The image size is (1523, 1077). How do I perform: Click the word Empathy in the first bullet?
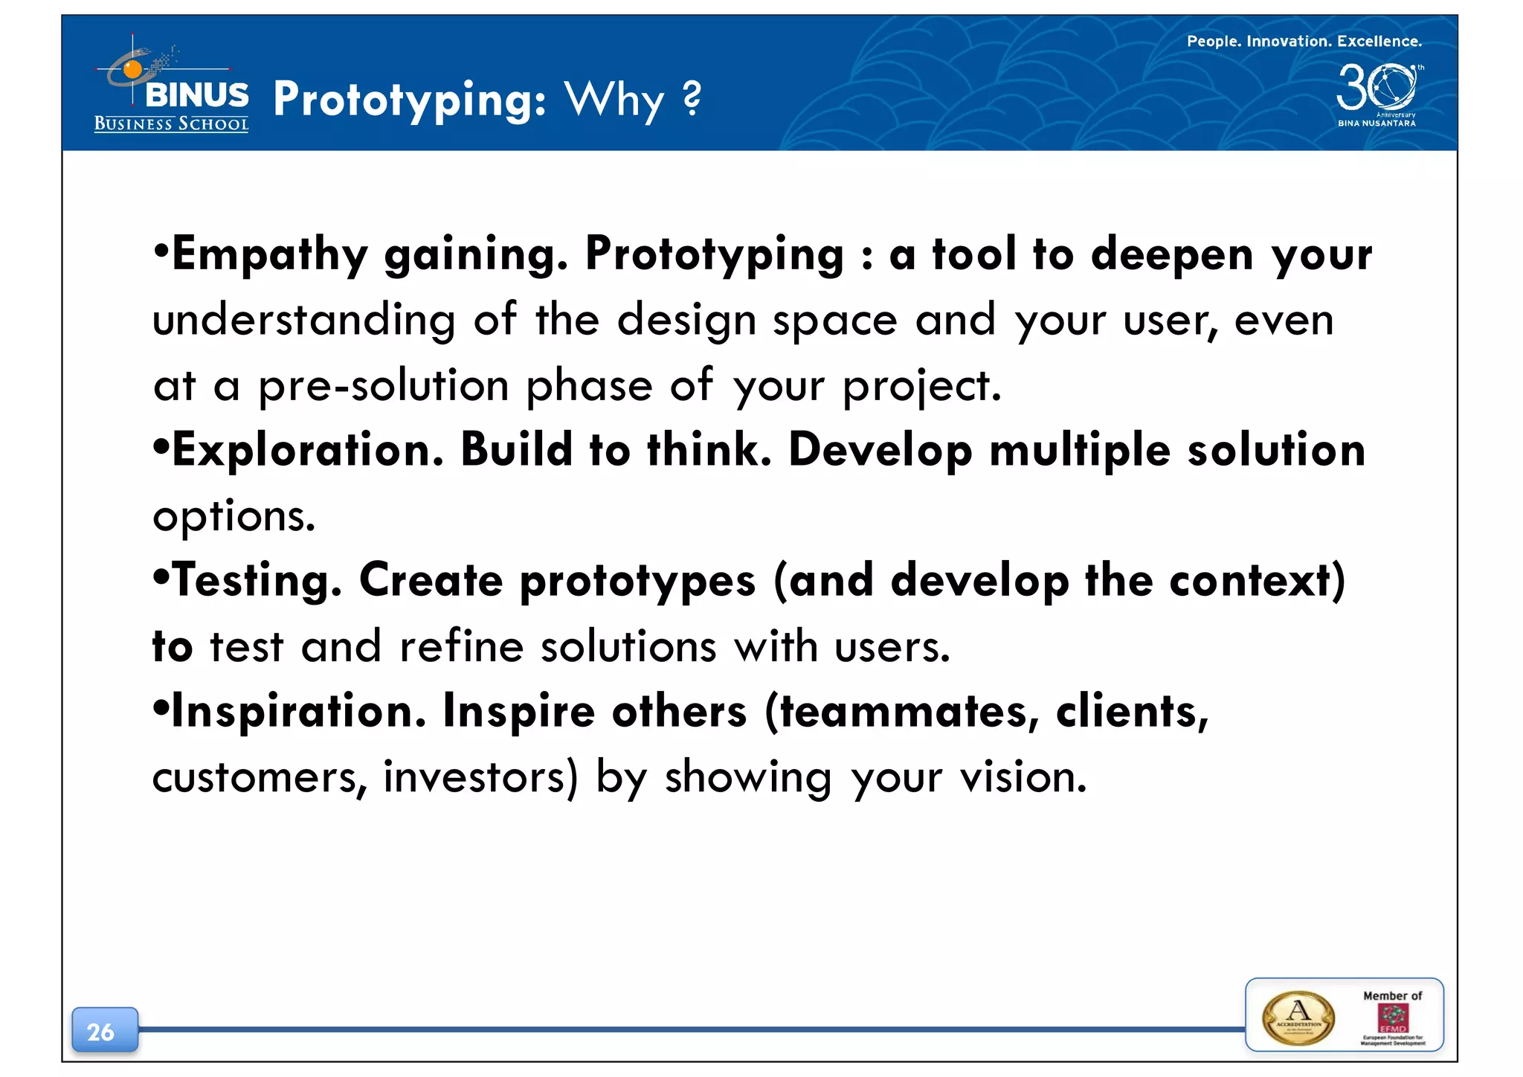pos(269,255)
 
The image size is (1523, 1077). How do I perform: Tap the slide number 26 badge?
pos(104,1031)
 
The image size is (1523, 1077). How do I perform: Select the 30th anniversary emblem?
pos(1377,92)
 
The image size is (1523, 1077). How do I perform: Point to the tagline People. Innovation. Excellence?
pos(1304,42)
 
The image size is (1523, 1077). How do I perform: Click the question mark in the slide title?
pos(692,98)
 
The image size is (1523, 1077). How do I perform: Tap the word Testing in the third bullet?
pos(257,581)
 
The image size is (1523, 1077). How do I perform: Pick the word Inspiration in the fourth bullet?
pos(298,712)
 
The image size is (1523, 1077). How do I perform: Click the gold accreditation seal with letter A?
pos(1298,1018)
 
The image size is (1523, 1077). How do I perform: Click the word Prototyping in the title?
pos(409,100)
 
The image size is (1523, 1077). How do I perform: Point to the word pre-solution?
pos(384,386)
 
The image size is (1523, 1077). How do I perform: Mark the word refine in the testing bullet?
pos(461,646)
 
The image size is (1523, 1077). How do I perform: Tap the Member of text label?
pos(1392,995)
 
